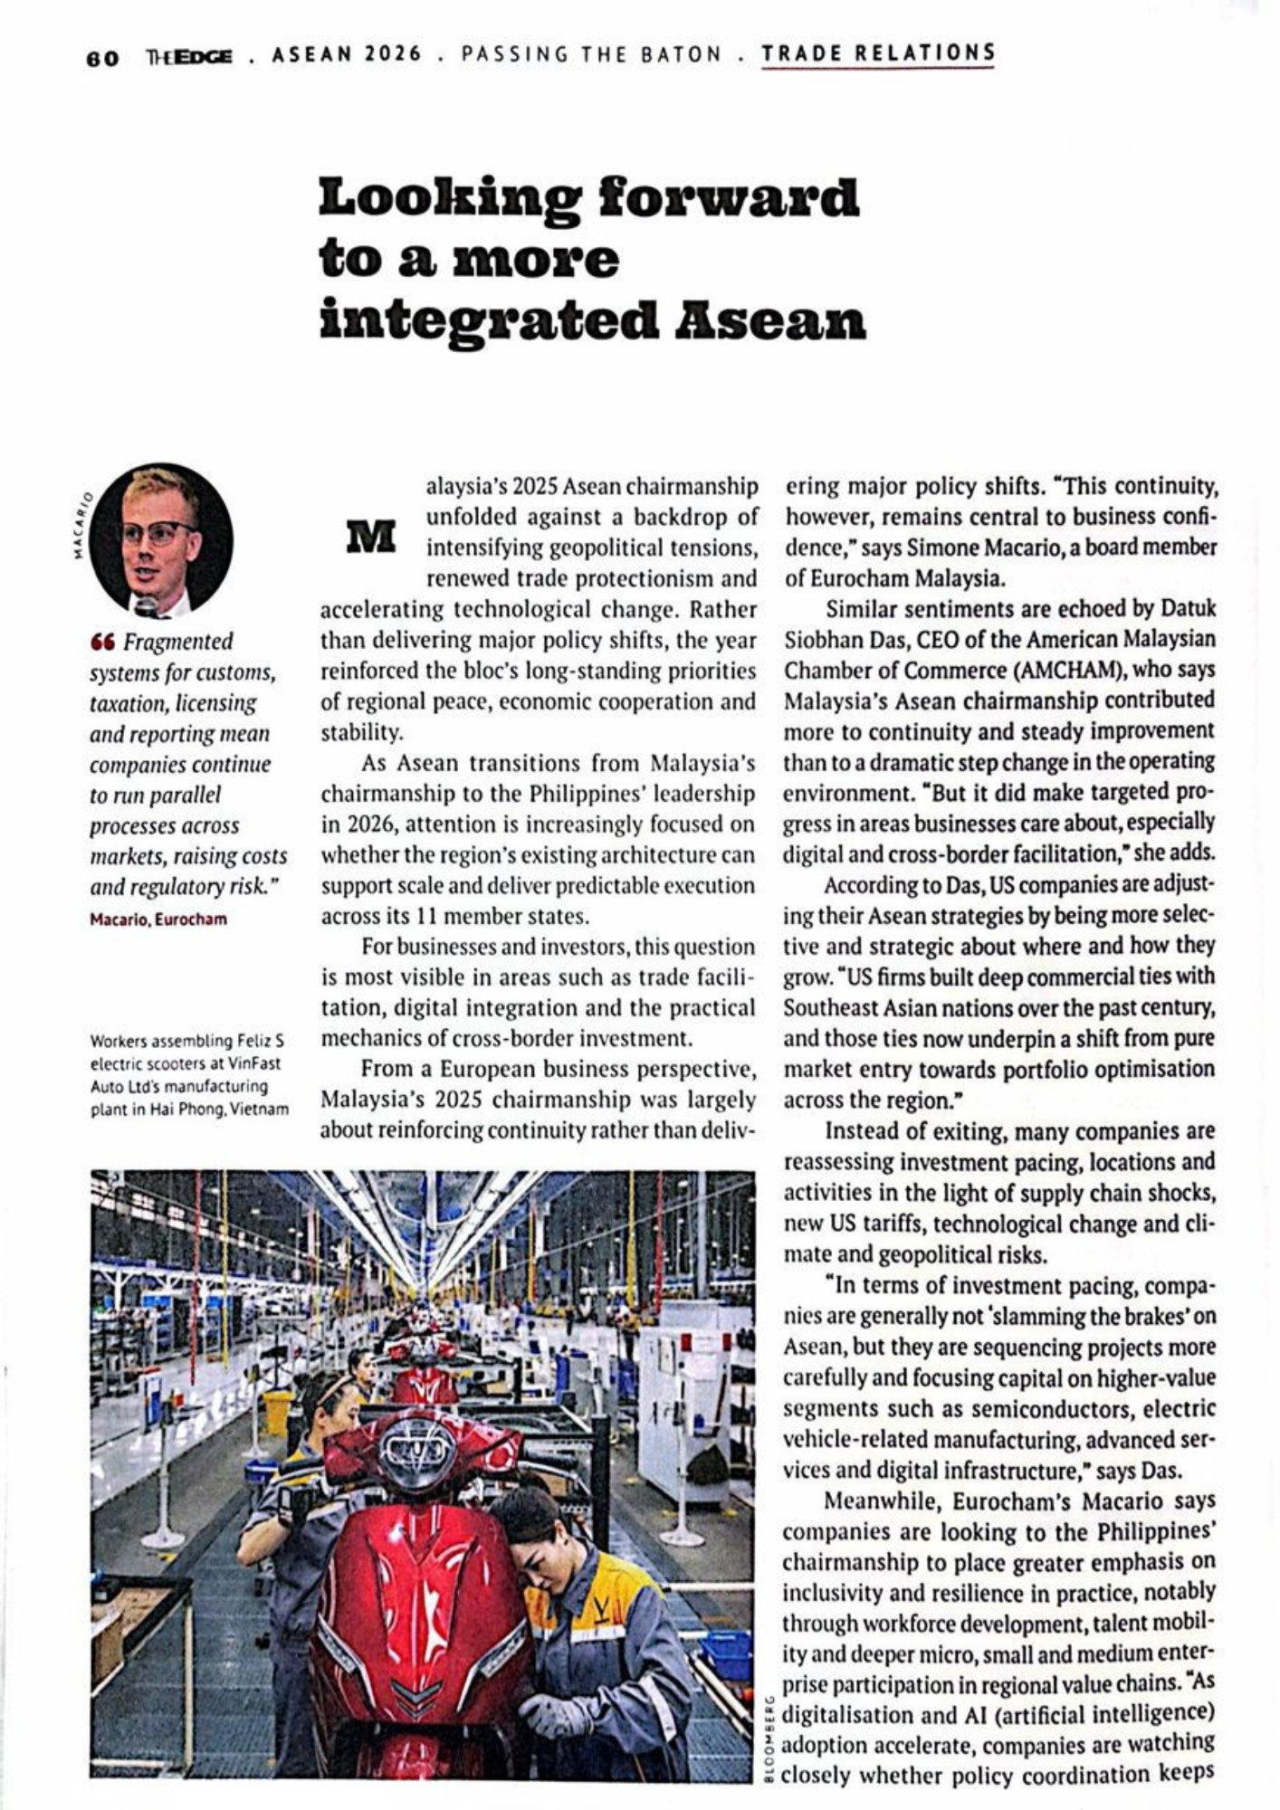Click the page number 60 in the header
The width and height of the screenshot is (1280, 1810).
point(102,57)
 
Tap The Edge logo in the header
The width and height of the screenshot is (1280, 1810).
point(188,56)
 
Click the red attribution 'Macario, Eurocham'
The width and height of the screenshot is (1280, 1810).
point(158,919)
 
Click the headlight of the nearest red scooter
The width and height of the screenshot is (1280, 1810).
point(417,1449)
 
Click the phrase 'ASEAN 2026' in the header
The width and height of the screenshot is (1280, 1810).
point(347,54)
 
